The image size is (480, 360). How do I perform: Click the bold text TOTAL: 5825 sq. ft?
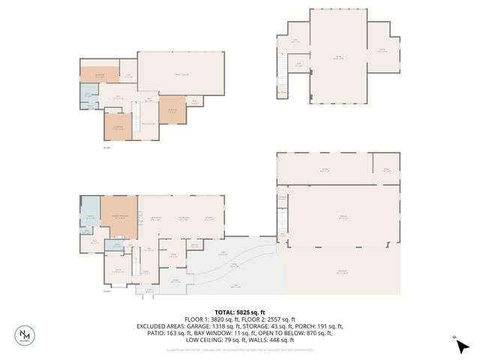point(240,312)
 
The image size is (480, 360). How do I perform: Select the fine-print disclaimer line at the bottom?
point(240,349)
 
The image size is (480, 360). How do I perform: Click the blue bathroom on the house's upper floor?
point(88,96)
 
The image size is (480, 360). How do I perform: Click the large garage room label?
point(343,217)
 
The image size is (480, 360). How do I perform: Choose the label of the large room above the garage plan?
point(325,170)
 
